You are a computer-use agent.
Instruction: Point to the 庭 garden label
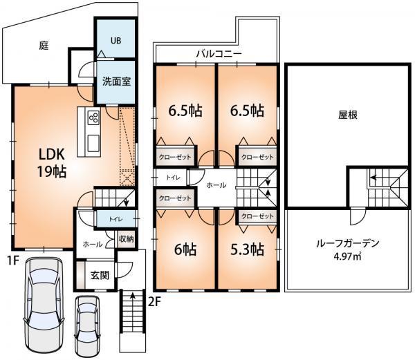[x=44, y=46]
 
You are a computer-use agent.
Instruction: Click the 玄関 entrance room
[x=99, y=274]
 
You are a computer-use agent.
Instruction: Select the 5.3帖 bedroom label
[x=248, y=249]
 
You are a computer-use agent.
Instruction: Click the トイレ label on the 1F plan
[x=115, y=219]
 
